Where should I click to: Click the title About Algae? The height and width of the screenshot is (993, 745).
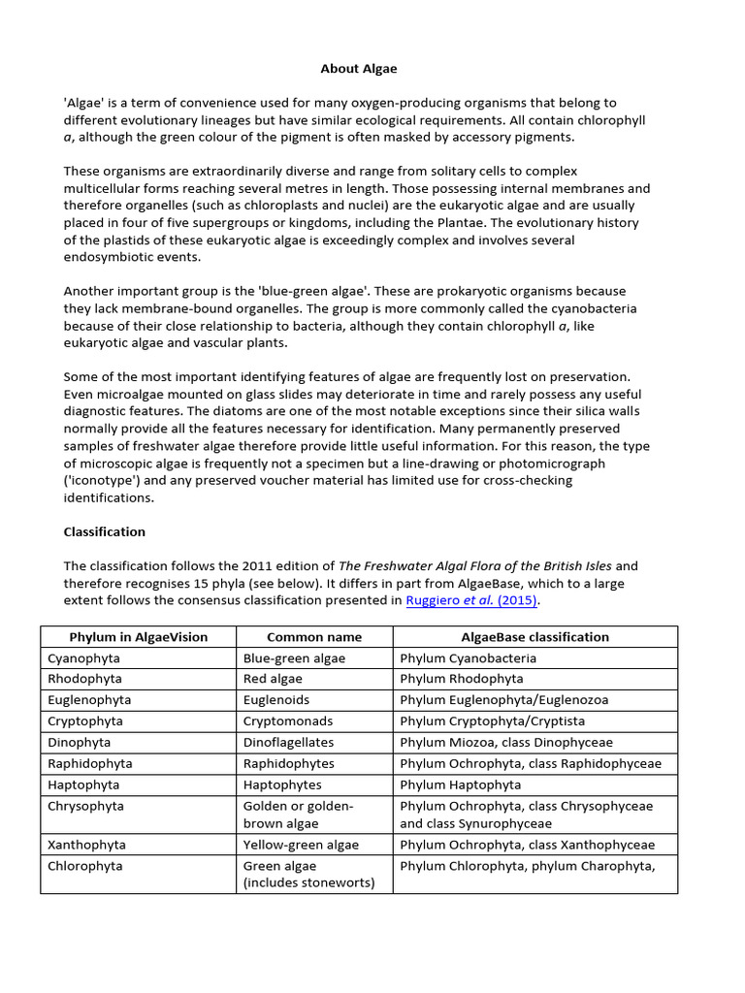pos(359,69)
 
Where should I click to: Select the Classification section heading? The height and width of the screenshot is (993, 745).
pos(104,531)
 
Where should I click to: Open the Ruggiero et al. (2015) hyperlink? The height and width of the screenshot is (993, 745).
pos(470,599)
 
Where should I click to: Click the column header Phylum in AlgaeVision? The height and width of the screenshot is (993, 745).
pos(138,637)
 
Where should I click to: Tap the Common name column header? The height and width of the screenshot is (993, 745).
pos(313,637)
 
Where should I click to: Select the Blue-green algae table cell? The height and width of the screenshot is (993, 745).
pos(294,657)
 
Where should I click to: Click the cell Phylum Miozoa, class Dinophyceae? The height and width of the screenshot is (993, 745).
pos(506,742)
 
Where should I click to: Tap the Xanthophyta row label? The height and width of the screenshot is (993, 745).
pos(87,845)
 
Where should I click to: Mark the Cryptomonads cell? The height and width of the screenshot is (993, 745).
pos(288,721)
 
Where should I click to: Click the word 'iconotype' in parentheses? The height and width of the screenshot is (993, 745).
pos(101,480)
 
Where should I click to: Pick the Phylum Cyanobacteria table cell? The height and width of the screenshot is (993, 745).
pos(468,657)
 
